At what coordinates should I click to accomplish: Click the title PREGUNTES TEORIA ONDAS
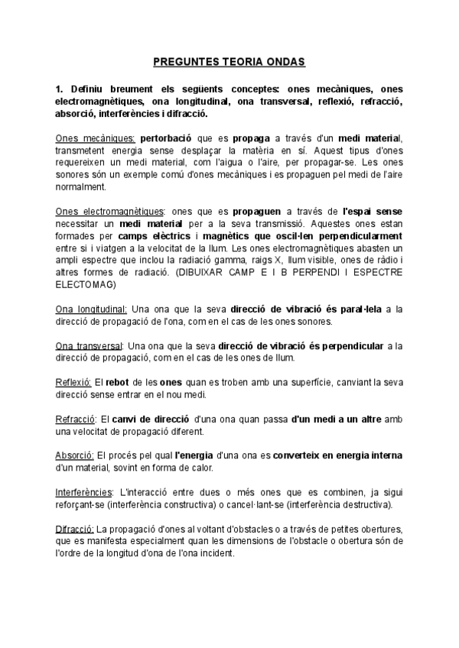click(x=229, y=60)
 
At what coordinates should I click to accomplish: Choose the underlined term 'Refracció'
click(x=75, y=420)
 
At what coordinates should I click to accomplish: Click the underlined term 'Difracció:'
click(x=75, y=530)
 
